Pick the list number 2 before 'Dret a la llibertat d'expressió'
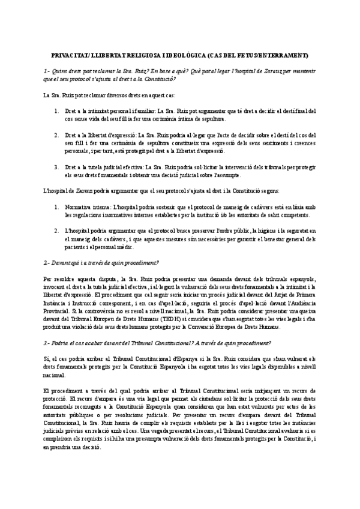click(x=56, y=136)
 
